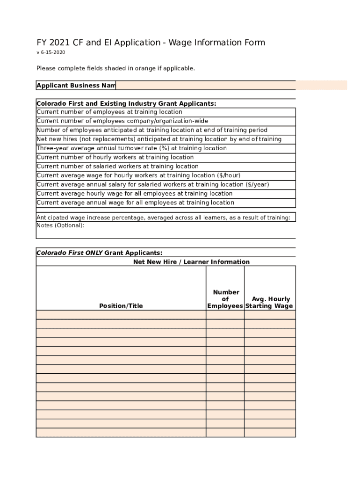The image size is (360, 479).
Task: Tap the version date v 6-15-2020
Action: click(x=50, y=52)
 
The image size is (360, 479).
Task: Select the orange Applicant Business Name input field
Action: click(x=231, y=85)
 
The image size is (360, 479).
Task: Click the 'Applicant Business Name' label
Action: click(x=76, y=86)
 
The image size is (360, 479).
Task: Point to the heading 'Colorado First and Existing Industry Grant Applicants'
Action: click(x=126, y=103)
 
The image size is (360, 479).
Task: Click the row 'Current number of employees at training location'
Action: click(x=109, y=112)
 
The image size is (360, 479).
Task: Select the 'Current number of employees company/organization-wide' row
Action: click(x=122, y=121)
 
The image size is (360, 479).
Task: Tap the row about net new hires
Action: click(x=159, y=139)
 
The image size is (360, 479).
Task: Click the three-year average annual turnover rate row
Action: click(x=131, y=148)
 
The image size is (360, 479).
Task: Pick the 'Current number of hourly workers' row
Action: click(x=115, y=157)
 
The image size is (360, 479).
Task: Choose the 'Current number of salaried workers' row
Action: click(x=117, y=167)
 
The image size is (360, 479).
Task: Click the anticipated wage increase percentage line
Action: click(x=163, y=218)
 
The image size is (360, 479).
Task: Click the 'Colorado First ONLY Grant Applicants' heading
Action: click(x=100, y=253)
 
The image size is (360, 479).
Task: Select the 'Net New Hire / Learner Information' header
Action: click(x=191, y=262)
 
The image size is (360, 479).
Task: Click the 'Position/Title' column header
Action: click(x=121, y=306)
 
